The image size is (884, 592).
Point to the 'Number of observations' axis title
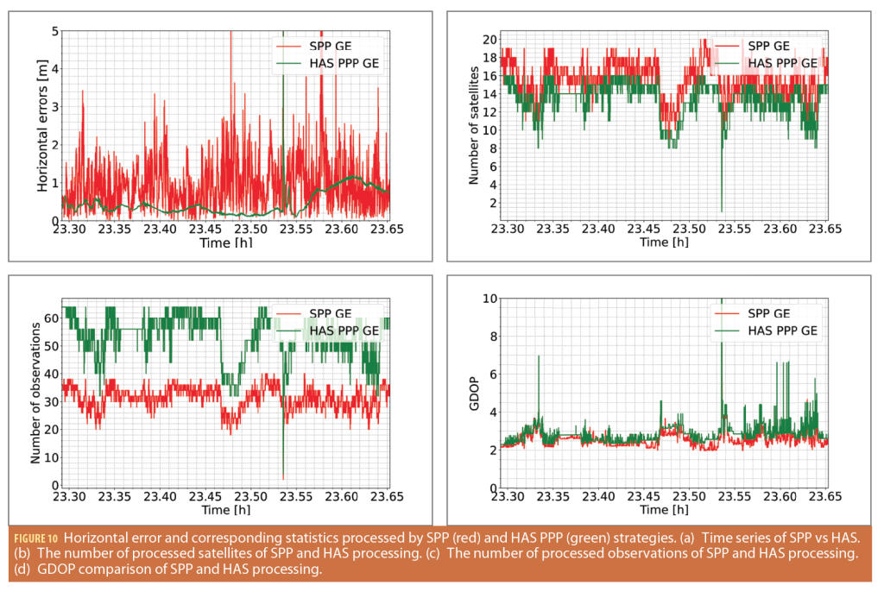point(36,394)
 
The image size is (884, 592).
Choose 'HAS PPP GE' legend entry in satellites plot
point(782,62)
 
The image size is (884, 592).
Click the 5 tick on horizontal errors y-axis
point(55,32)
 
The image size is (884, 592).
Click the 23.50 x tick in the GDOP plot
point(689,498)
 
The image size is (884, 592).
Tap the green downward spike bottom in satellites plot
point(721,211)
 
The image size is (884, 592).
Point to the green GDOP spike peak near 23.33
point(540,356)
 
